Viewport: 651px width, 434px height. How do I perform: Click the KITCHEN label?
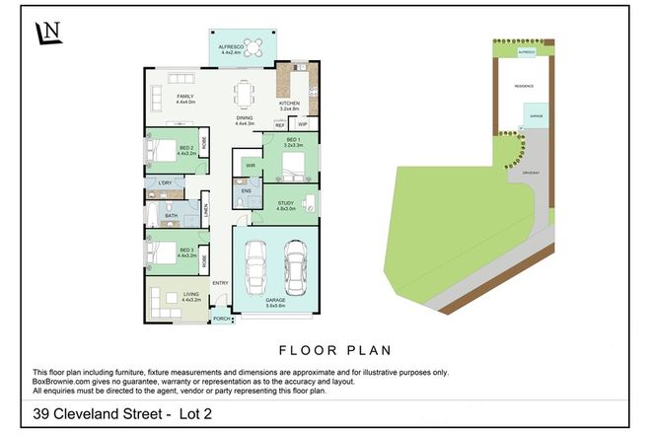pyautogui.click(x=288, y=103)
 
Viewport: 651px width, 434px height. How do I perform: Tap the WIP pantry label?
pyautogui.click(x=303, y=125)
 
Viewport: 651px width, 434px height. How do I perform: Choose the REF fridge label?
pyautogui.click(x=280, y=125)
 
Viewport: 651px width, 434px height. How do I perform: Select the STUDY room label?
pyautogui.click(x=287, y=203)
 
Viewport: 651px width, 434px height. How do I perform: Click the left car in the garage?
pyautogui.click(x=255, y=263)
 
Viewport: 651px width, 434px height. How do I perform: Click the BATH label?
pyautogui.click(x=172, y=215)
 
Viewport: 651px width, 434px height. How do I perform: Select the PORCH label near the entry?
pyautogui.click(x=222, y=319)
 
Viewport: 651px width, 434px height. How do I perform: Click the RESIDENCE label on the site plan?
pyautogui.click(x=523, y=86)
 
